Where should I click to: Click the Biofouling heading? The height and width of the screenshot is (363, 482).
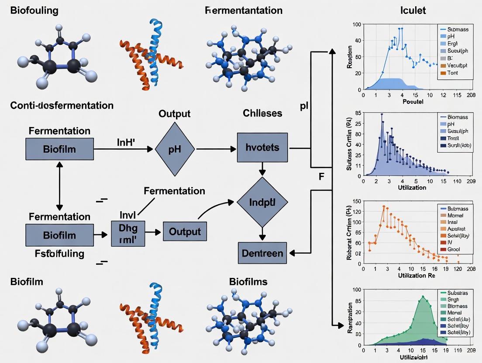point(34,10)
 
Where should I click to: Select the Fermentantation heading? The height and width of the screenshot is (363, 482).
point(243,10)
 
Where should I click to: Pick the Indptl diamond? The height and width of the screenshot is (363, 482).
point(262,202)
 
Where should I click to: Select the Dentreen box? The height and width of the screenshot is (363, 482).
point(262,253)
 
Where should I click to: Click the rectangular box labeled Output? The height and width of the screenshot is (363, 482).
point(185,231)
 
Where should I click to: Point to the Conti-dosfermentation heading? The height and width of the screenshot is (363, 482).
point(62,106)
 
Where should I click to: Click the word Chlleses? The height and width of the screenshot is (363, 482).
point(262,113)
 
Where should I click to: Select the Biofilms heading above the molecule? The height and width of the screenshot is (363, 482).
point(248,282)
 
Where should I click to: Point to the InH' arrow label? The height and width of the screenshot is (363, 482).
point(127,141)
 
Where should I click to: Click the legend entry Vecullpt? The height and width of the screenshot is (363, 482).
point(457,65)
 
